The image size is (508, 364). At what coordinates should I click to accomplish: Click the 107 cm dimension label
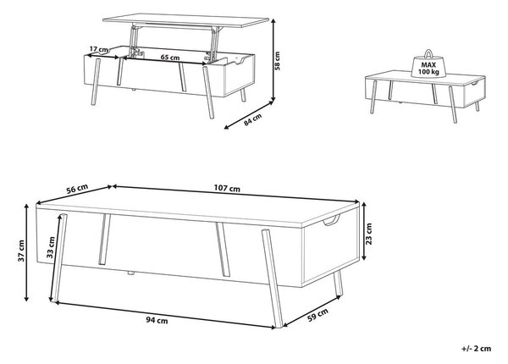point(227,188)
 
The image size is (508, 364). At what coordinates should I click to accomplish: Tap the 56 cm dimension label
point(77,189)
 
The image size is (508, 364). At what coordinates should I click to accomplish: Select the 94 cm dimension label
point(157,321)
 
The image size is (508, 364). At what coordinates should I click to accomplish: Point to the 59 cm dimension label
point(317,314)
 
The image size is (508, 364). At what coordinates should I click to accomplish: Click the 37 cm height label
point(21,251)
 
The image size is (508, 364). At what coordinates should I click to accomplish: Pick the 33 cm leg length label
point(51,247)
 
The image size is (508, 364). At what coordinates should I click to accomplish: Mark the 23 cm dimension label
point(369,234)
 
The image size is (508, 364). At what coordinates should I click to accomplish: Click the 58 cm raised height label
point(277,61)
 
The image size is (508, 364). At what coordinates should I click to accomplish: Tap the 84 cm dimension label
point(252,120)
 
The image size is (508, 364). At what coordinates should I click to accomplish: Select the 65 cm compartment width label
point(170,58)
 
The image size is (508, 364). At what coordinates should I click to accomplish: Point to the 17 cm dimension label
point(99,50)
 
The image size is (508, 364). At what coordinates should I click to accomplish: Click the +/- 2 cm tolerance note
point(476,349)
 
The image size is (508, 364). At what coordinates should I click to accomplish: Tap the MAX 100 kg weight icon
point(428,64)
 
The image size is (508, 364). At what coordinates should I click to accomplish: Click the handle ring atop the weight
point(428,52)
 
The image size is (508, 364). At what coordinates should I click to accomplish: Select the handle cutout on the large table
point(331,221)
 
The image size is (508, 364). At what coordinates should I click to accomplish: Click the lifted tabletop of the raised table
point(185,20)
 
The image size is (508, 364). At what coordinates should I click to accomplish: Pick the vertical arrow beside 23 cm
point(363,231)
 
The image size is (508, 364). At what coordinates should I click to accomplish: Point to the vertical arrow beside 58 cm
point(273,60)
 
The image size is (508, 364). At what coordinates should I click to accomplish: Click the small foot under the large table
point(130,273)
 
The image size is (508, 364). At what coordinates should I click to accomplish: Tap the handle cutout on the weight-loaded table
point(476,83)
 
